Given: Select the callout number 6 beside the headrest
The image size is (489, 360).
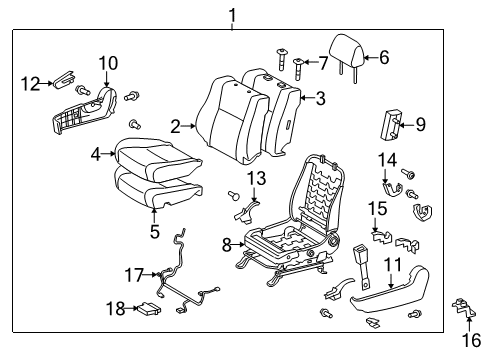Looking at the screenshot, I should pyautogui.click(x=384, y=58).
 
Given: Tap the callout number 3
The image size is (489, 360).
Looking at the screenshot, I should pyautogui.click(x=320, y=98).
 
